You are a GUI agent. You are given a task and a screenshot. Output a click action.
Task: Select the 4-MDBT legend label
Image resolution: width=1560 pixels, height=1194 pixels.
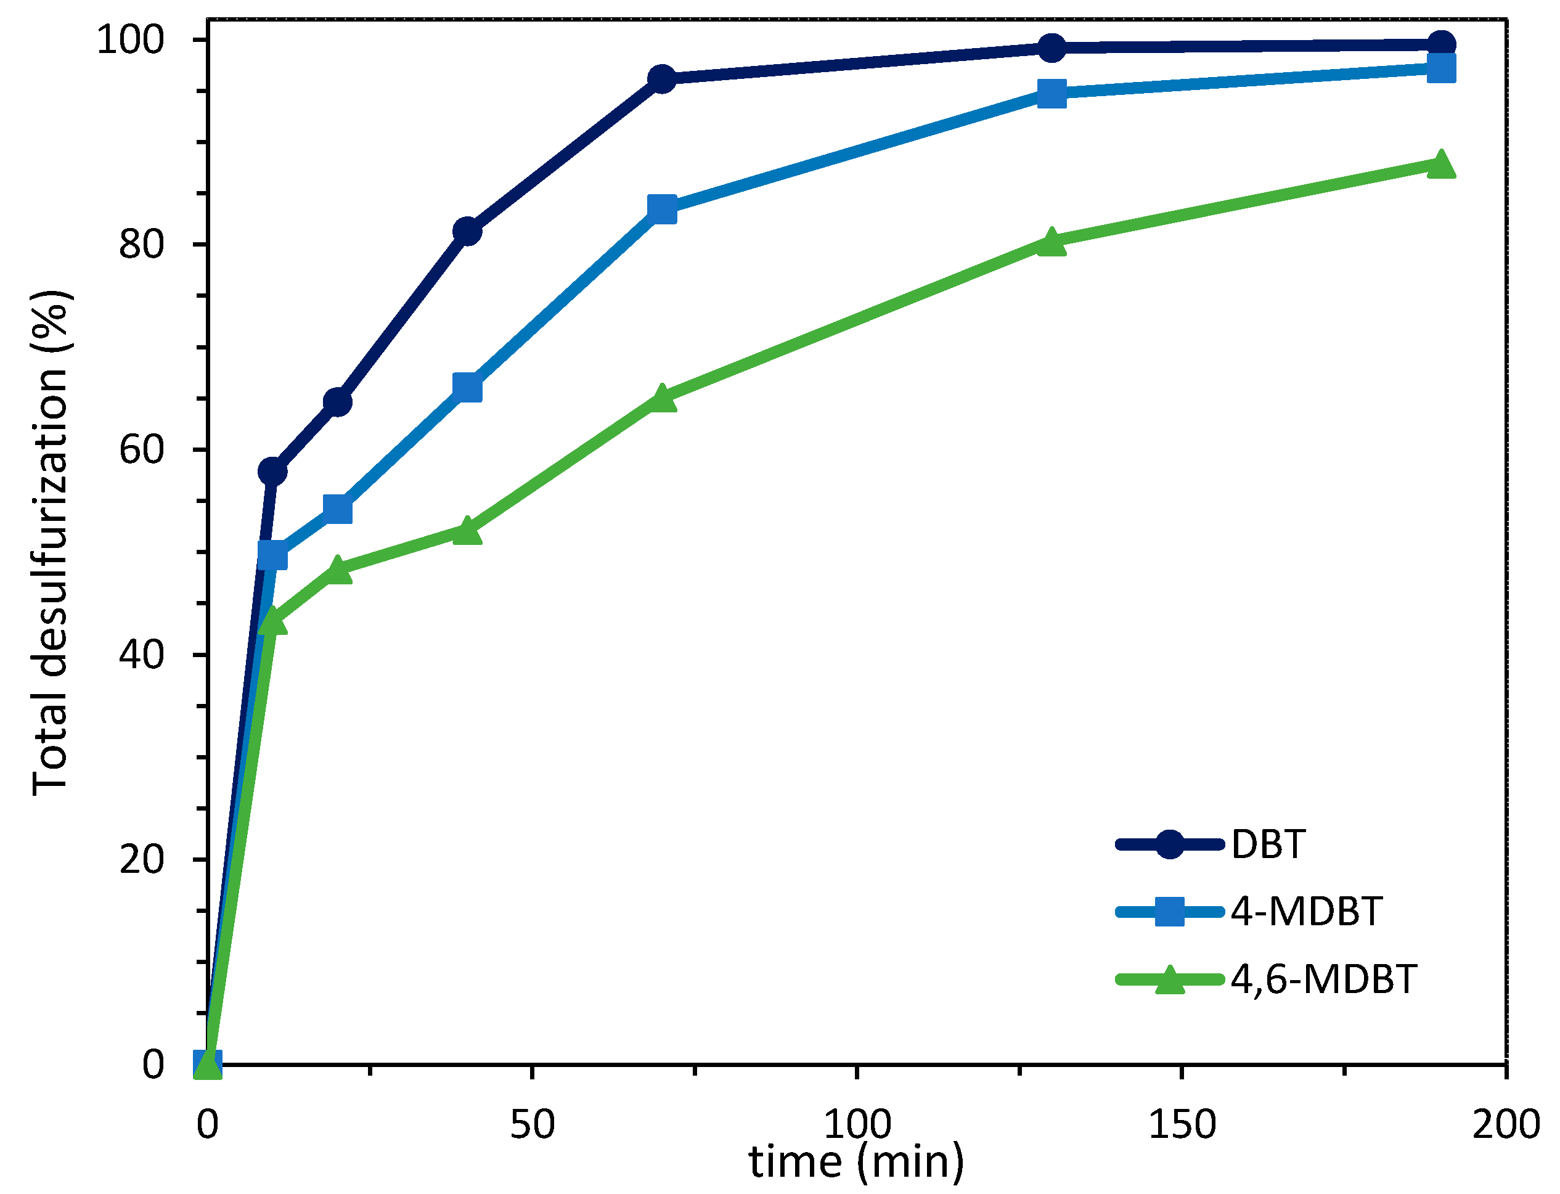(1306, 911)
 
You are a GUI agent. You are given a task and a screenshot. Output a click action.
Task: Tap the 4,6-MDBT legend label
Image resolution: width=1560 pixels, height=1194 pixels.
(1323, 979)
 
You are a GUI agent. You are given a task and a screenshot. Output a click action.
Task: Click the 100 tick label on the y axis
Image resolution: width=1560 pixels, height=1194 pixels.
(130, 40)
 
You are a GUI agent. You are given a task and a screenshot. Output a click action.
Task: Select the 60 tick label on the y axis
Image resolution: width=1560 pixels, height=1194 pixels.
(141, 449)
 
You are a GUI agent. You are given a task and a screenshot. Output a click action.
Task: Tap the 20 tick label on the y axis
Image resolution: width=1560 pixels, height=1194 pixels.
(141, 859)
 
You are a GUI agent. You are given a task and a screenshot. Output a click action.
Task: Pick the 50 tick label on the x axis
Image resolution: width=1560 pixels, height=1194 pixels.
(532, 1124)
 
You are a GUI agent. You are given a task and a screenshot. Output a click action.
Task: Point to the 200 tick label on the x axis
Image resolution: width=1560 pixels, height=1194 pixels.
(1505, 1124)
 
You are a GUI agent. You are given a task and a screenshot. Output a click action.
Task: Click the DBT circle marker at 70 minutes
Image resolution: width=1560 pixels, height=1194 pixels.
(662, 79)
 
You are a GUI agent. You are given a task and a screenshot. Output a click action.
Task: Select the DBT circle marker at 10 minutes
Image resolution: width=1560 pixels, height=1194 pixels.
(272, 471)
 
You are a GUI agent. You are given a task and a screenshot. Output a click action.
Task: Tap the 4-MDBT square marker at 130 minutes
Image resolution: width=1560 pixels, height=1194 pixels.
(1051, 93)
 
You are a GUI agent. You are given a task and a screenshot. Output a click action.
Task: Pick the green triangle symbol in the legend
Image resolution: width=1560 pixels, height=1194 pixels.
(1169, 980)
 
